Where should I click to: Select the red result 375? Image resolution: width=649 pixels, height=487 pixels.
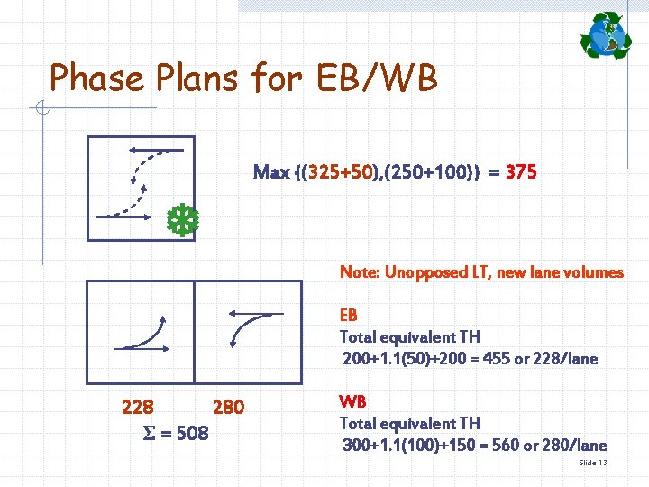tap(522, 171)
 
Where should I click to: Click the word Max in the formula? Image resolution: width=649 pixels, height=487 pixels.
tap(271, 171)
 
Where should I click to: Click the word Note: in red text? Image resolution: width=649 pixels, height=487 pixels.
tap(360, 271)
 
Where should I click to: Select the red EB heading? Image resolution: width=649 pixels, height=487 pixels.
tap(348, 316)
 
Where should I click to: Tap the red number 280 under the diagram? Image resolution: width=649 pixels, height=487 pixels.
tap(228, 408)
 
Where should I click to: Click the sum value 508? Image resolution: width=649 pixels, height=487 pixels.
tap(191, 434)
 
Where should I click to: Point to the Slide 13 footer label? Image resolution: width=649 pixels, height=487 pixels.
tap(592, 463)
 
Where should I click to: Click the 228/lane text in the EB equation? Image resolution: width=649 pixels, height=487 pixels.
tap(564, 359)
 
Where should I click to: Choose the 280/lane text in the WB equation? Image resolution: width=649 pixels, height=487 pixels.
tap(573, 445)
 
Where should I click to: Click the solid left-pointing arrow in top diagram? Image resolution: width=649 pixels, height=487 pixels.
tap(156, 150)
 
